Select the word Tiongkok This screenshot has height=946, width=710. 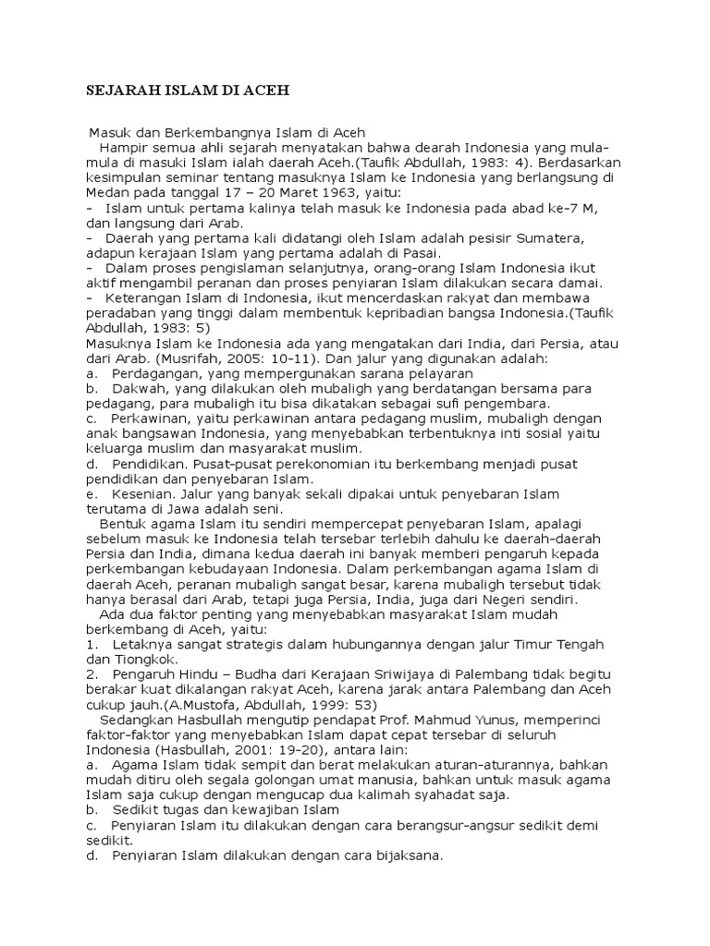point(146,659)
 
